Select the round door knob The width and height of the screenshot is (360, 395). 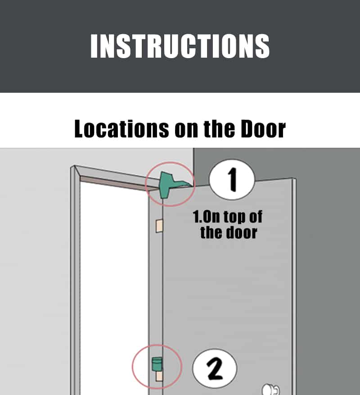271,388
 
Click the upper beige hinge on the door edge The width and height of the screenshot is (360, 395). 159,226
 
